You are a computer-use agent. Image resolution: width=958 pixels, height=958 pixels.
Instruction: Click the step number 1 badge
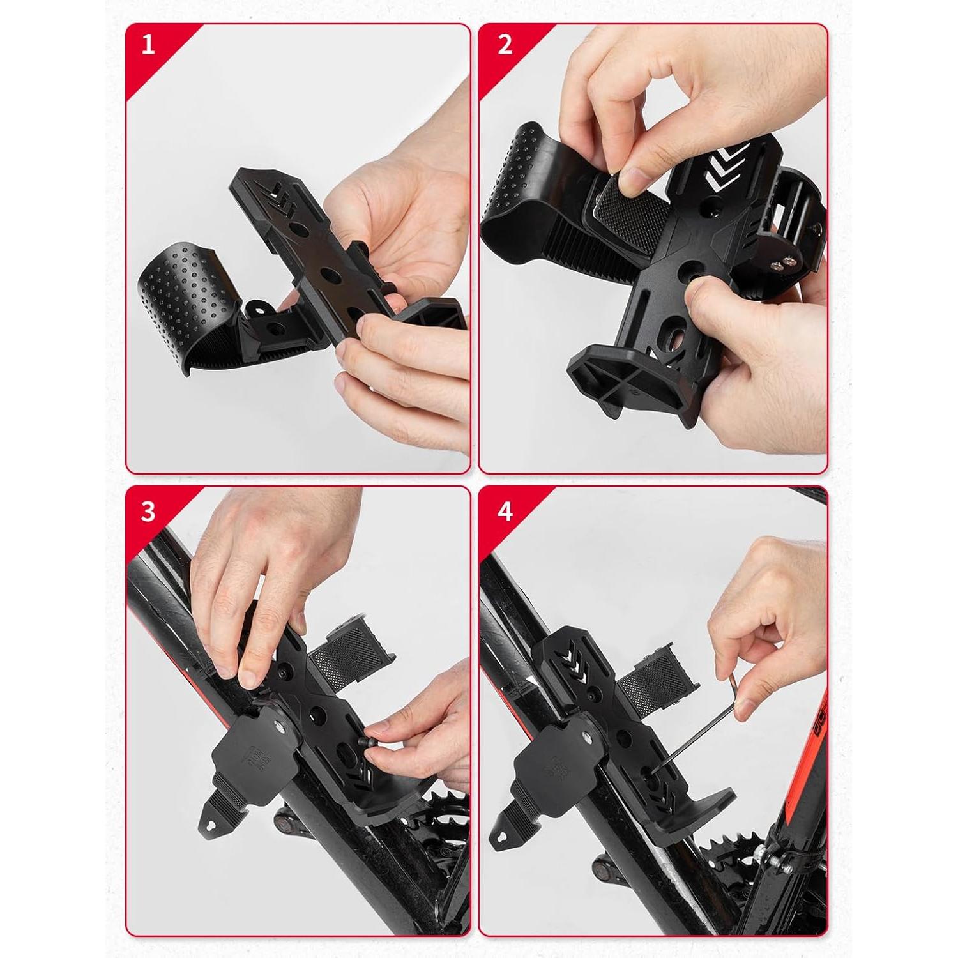tap(148, 45)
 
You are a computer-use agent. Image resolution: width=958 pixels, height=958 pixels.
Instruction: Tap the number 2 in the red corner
tap(505, 45)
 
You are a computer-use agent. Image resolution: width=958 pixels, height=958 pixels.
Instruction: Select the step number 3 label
tap(148, 512)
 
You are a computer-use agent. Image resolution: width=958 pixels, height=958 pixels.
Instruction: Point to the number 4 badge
tap(505, 512)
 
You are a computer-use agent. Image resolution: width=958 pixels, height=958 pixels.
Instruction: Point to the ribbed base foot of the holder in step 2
tap(613, 377)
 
